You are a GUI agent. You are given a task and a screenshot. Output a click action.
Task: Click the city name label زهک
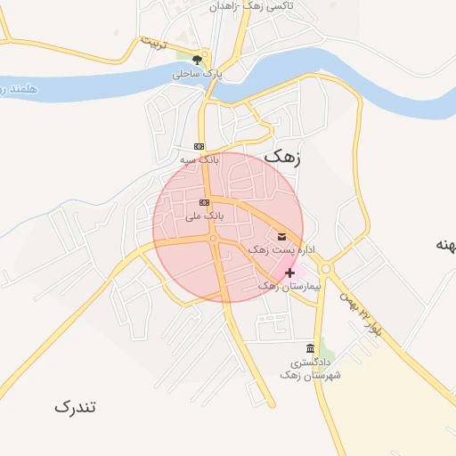283,157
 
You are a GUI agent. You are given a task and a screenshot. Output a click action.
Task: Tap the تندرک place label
75,407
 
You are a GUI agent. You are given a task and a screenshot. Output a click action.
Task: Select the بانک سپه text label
199,159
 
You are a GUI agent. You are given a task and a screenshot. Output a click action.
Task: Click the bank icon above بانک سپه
199,147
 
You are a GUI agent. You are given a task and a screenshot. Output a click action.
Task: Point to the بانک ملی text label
205,216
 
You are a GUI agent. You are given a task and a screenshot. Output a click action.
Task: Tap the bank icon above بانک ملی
205,204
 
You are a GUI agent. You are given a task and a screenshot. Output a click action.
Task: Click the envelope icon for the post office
282,236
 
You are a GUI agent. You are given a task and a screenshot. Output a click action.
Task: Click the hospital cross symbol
289,273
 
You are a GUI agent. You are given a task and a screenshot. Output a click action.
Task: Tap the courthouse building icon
309,348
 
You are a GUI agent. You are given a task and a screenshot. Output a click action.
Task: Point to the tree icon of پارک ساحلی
197,60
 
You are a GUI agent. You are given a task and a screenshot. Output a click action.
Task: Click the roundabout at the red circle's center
214,238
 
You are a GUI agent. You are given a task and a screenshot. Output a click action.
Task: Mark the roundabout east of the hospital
325,268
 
